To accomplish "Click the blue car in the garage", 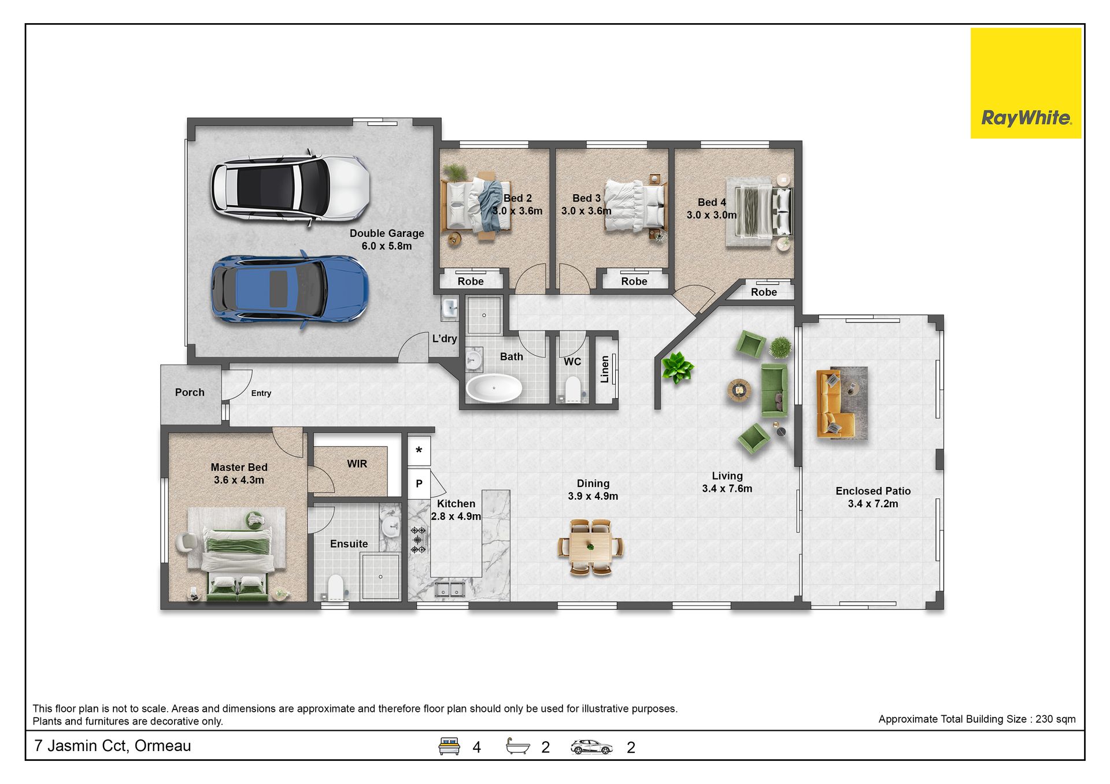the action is click(289, 289).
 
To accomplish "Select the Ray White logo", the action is click(1026, 83).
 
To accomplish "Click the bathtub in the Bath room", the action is click(494, 388).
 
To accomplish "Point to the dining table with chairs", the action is click(590, 547).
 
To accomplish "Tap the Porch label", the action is click(190, 392).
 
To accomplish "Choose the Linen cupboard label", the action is click(605, 369).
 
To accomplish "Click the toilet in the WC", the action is click(572, 389).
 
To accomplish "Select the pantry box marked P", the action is click(419, 484).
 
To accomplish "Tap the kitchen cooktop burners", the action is click(418, 540).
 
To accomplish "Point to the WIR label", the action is click(357, 464).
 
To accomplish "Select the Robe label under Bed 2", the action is click(471, 281).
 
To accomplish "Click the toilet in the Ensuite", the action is click(335, 587).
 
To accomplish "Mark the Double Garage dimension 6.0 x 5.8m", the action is click(387, 246).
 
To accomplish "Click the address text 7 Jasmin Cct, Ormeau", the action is click(113, 746).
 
